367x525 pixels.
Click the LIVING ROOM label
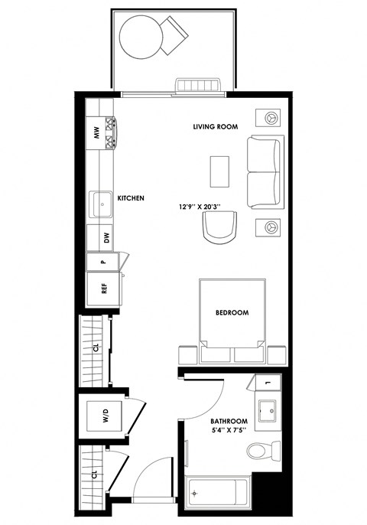216,126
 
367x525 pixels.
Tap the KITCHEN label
131,198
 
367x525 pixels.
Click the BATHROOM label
229,422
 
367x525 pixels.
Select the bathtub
219,494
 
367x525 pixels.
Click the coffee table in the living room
220,171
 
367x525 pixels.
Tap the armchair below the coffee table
221,227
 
